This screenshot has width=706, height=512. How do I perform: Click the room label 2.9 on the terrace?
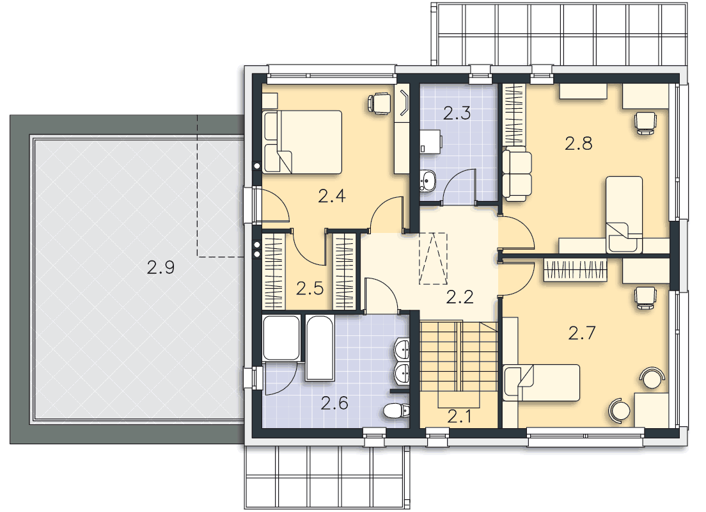[161, 268]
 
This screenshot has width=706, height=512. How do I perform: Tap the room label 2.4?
[331, 196]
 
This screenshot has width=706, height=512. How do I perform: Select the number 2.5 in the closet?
[310, 289]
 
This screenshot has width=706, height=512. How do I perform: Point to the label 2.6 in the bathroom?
[334, 403]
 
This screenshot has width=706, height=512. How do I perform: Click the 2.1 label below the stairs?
[459, 417]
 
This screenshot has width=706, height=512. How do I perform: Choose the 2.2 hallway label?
[460, 297]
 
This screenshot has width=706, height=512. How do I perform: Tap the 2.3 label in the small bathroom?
[457, 113]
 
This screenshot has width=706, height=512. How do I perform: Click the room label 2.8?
[579, 143]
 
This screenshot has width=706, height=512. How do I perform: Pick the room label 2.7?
[582, 333]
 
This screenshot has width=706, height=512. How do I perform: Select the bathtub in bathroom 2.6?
[320, 348]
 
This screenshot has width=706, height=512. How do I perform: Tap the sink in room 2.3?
[427, 181]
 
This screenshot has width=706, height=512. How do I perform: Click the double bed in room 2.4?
[302, 142]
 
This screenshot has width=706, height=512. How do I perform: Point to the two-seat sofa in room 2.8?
[517, 174]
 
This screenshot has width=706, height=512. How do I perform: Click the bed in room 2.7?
[541, 383]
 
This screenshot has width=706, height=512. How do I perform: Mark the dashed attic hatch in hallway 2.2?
[433, 259]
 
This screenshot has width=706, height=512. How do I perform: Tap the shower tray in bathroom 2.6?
[281, 338]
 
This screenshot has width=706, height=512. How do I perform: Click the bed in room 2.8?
[624, 214]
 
